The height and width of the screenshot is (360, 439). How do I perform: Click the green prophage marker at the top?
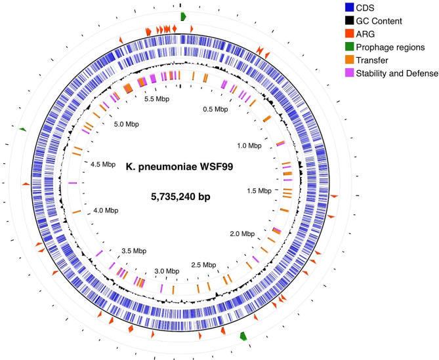[183, 16]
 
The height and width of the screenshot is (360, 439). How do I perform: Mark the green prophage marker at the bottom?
[243, 336]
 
